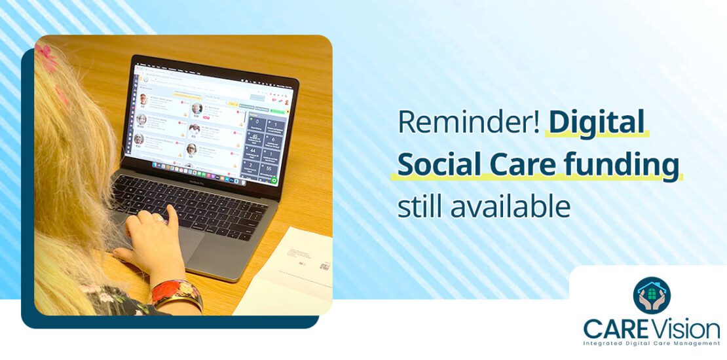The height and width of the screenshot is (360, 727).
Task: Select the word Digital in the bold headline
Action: coord(597,122)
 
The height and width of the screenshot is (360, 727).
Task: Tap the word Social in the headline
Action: coord(441,165)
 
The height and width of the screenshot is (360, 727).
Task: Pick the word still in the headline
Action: coord(418,206)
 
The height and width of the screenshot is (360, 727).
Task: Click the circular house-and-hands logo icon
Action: coord(652,295)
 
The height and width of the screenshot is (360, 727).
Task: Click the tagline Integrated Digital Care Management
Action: coord(652,343)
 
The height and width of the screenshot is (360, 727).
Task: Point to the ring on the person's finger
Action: coord(158,221)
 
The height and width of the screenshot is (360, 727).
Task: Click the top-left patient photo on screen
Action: coord(143,100)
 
